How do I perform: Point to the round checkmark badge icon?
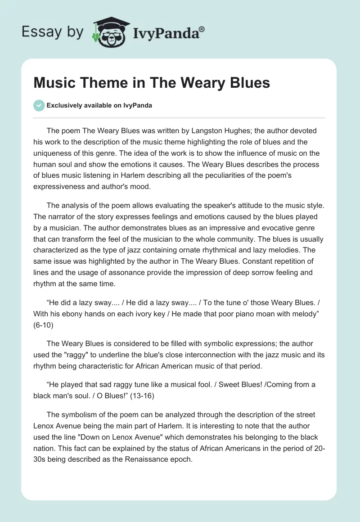pos(39,105)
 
